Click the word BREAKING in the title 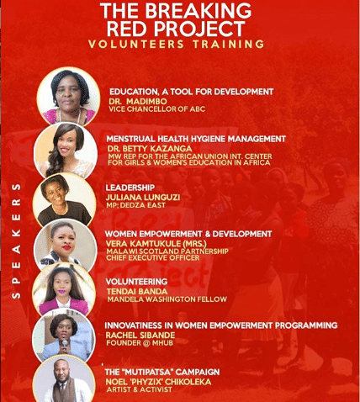[x=198, y=11]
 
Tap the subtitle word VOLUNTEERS [x=136, y=45]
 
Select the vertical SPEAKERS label [x=17, y=241]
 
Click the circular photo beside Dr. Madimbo [x=68, y=97]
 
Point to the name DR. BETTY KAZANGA [x=150, y=148]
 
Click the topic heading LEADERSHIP [x=130, y=188]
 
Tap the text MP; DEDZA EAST [x=135, y=205]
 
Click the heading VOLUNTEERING [x=136, y=282]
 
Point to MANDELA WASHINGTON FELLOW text [x=167, y=299]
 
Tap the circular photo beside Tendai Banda [x=64, y=291]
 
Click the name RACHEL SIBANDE [x=140, y=335]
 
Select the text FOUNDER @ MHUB [x=140, y=343]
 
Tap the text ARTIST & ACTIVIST [x=139, y=389]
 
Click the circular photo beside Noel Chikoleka [x=64, y=380]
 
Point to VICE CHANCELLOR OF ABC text [x=157, y=109]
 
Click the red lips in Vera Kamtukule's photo [x=66, y=247]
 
